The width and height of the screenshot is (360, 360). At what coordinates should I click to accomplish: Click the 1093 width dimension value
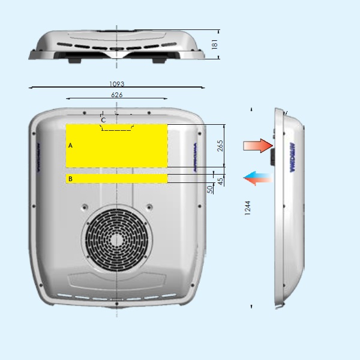pos(117,85)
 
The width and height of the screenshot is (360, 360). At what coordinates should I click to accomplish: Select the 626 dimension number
pos(117,95)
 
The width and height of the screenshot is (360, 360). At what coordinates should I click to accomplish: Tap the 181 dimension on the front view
pos(215,44)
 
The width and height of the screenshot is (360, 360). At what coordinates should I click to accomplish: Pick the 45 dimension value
pos(220,181)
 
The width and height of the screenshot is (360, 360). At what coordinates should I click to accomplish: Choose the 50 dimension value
pos(210,188)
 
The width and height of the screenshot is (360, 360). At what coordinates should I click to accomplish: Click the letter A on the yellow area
pos(70,146)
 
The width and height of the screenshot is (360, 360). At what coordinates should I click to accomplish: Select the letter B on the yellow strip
pos(70,179)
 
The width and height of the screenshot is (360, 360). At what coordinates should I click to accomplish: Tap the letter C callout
pos(103,120)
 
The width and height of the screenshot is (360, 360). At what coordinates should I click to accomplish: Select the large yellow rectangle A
pos(116,145)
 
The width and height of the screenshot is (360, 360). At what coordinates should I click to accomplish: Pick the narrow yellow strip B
pos(116,178)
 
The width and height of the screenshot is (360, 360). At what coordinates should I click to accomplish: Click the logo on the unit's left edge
pos(37,158)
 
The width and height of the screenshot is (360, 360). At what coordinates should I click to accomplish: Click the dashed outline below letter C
pos(116,129)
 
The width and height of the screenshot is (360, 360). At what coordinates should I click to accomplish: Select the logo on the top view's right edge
pos(195,158)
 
